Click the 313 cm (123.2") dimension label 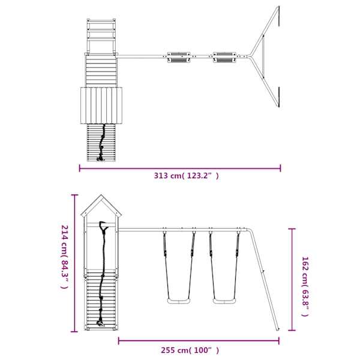[x=186, y=176]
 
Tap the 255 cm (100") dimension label [x=190, y=350]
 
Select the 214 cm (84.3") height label [x=65, y=257]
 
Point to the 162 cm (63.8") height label [x=305, y=286]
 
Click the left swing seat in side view [x=179, y=301]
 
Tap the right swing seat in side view [x=224, y=301]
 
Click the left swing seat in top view [x=179, y=57]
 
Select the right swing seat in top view [x=224, y=57]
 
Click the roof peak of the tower [x=101, y=195]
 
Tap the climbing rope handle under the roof [x=103, y=226]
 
